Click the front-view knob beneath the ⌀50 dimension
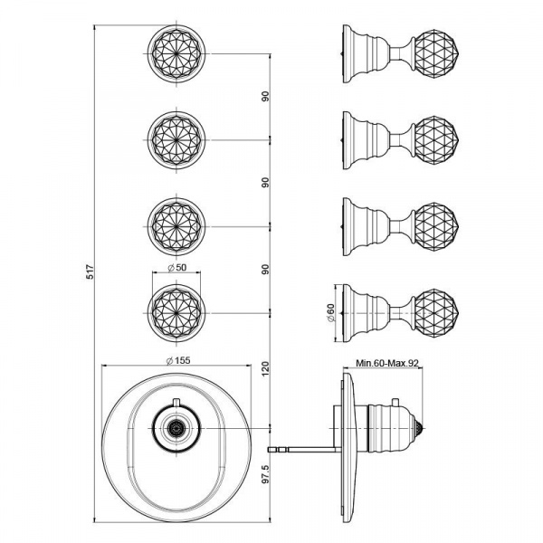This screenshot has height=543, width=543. click(176, 310)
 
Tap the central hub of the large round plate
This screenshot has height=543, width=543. click(176, 427)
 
